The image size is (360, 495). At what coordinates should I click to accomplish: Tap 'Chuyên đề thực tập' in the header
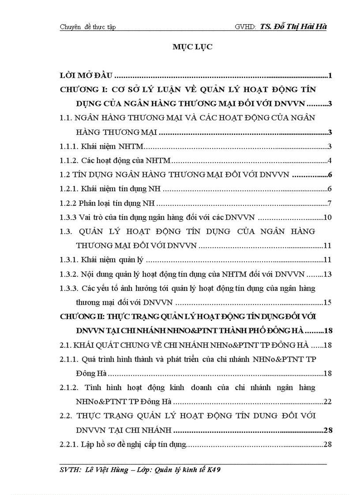pos(87,27)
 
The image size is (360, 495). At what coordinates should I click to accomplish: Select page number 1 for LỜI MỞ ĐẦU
pos(330,75)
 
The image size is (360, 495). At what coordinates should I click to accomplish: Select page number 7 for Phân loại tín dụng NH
pos(329,203)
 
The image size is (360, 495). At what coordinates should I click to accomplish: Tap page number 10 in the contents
pos(327,217)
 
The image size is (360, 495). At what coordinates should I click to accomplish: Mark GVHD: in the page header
pos(246,27)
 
